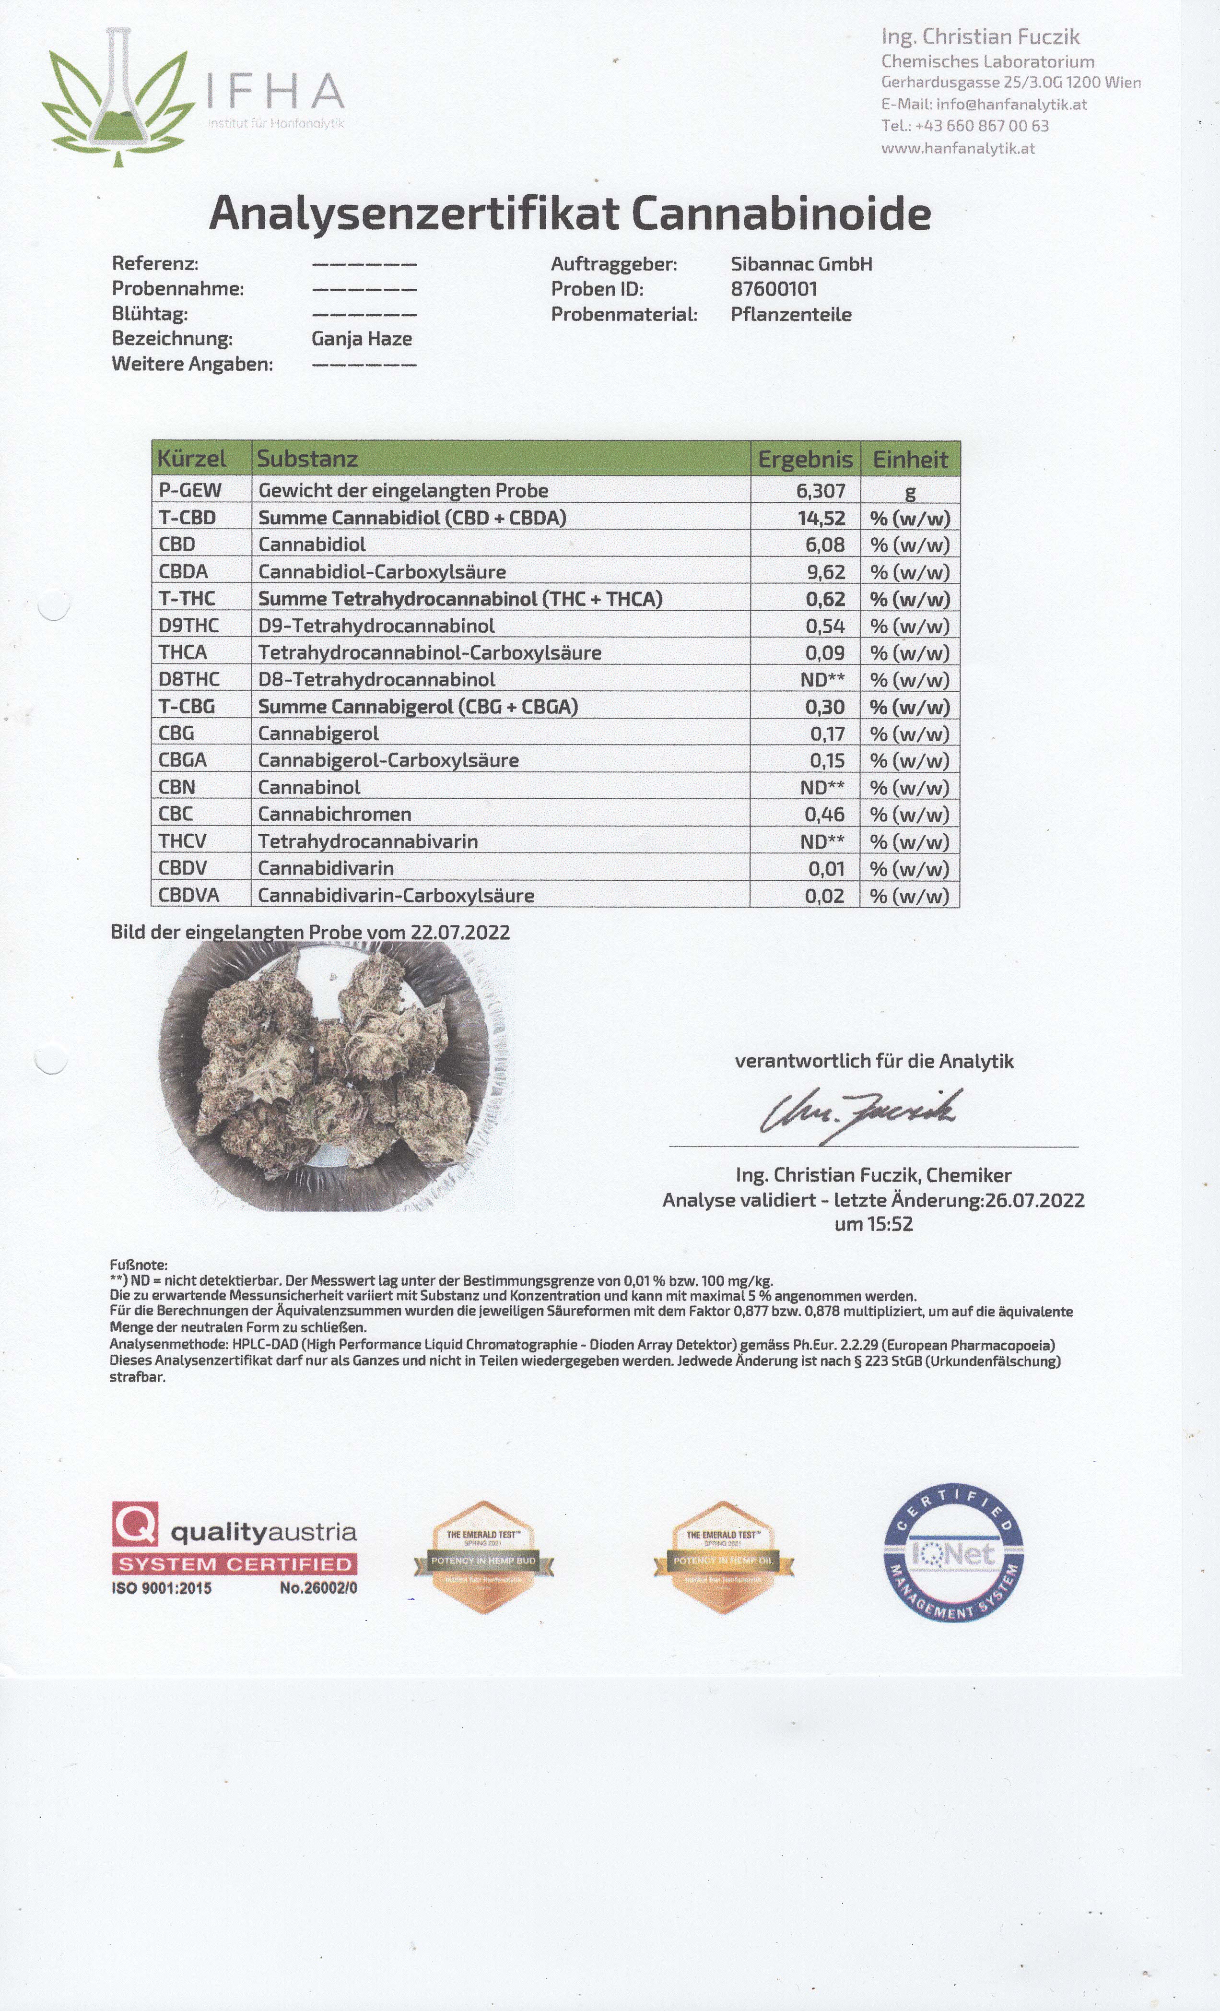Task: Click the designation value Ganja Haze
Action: [x=362, y=339]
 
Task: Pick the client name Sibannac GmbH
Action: [x=801, y=264]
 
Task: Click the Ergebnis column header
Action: [x=805, y=459]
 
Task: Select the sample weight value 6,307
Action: [x=821, y=490]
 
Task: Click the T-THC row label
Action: [x=187, y=598]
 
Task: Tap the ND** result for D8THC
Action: [x=822, y=679]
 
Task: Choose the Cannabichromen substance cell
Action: [x=335, y=814]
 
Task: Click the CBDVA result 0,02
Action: [x=824, y=895]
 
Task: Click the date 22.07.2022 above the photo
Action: [x=460, y=932]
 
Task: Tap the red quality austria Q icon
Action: [x=135, y=1525]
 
